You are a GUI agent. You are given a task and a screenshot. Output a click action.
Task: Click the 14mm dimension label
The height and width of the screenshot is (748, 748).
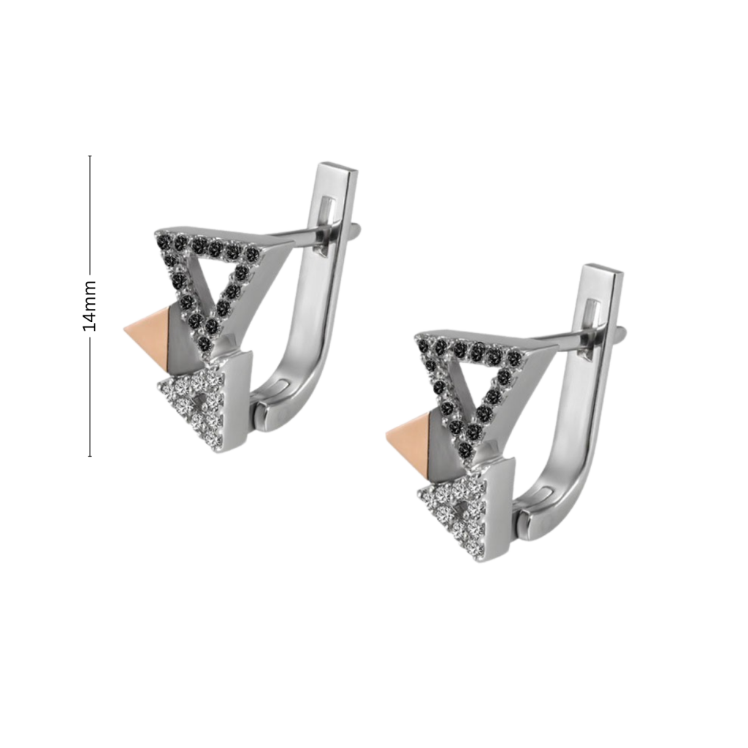click(x=89, y=306)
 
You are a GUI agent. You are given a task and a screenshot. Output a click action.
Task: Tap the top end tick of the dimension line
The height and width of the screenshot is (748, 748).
click(x=90, y=156)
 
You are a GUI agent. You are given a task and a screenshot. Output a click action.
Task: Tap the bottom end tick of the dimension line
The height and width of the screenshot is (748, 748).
click(x=90, y=457)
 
